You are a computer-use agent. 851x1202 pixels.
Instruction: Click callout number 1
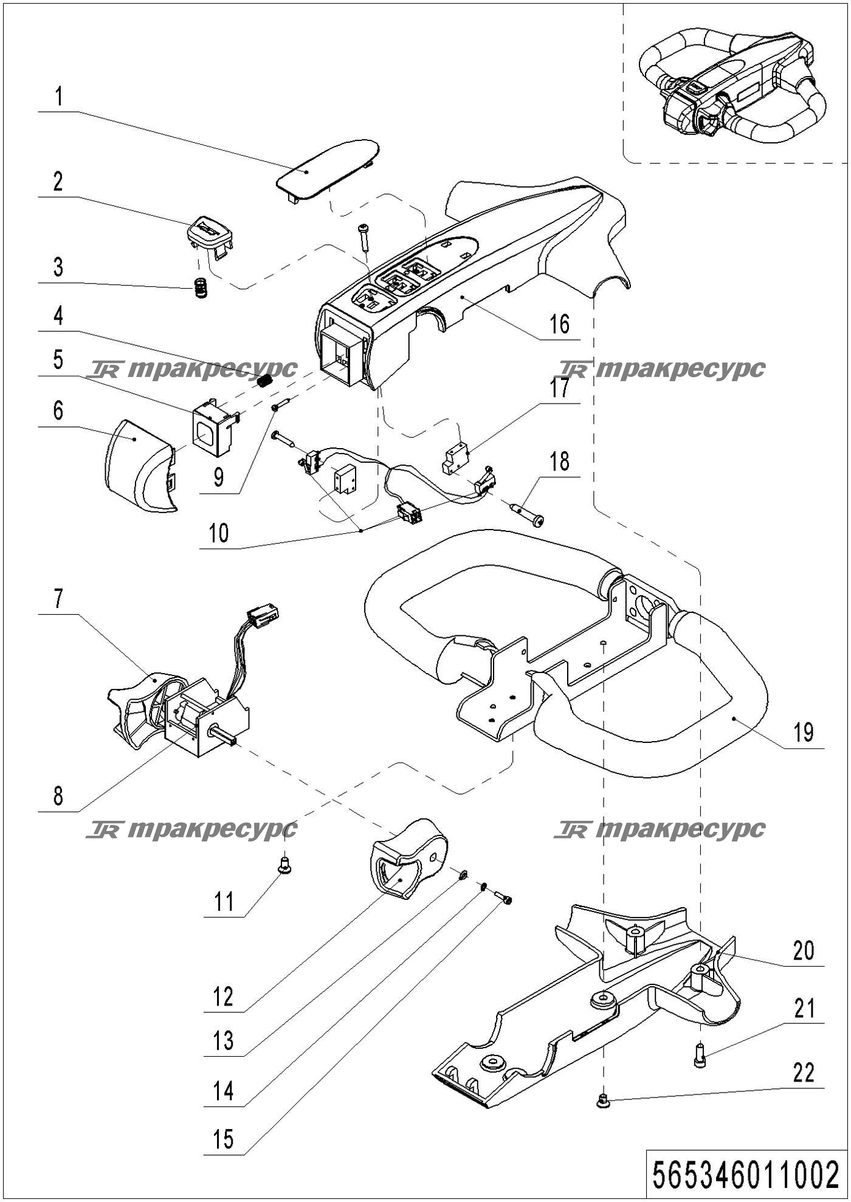pyautogui.click(x=58, y=97)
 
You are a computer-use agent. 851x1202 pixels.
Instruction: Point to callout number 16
pyautogui.click(x=559, y=324)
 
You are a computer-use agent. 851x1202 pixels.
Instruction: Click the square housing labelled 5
pyautogui.click(x=215, y=428)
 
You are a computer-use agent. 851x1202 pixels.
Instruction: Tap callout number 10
pyautogui.click(x=219, y=533)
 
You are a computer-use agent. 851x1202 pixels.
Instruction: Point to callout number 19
pyautogui.click(x=804, y=732)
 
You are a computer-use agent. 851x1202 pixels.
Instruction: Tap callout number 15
pyautogui.click(x=224, y=1139)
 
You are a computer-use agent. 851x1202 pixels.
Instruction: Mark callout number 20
pyautogui.click(x=804, y=950)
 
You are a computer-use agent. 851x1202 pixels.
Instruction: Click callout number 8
pyautogui.click(x=58, y=796)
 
